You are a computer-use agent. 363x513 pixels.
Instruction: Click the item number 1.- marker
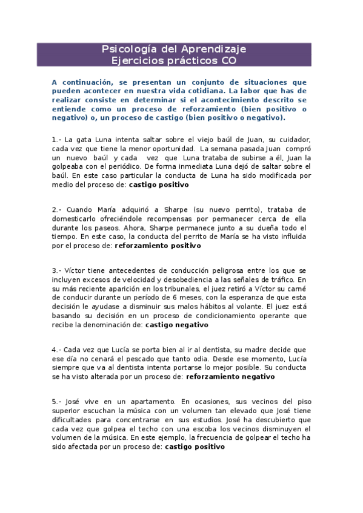56,139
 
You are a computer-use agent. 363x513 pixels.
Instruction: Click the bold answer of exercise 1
159,185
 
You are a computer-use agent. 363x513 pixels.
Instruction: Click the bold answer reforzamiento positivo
158,246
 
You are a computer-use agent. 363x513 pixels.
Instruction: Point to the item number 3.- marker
56,270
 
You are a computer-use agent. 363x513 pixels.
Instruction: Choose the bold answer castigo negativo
177,324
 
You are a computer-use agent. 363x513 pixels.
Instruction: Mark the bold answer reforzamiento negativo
230,376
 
